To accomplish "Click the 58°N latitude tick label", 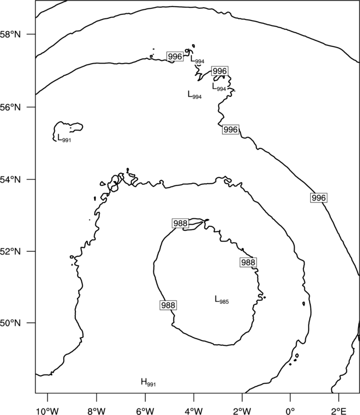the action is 11,34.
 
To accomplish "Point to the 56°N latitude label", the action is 11,107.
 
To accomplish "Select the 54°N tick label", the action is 11,179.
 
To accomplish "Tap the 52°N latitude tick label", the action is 11,251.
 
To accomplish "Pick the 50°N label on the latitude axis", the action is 11,323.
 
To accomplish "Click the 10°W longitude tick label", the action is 48,411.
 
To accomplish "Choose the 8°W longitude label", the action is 96,411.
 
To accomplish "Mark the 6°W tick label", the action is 145,411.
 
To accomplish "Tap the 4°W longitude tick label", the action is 193,411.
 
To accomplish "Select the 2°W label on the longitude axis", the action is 242,411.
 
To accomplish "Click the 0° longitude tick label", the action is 290,411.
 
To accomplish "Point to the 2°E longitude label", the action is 339,411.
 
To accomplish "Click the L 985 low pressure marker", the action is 222,299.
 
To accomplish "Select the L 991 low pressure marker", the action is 64,138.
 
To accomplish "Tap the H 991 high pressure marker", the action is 148,382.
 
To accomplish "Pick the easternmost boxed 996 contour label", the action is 318,198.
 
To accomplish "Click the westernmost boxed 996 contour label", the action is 175,56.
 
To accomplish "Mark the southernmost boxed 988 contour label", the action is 168,305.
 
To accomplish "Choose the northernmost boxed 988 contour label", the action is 181,224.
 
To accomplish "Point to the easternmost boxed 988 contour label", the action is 248,262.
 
